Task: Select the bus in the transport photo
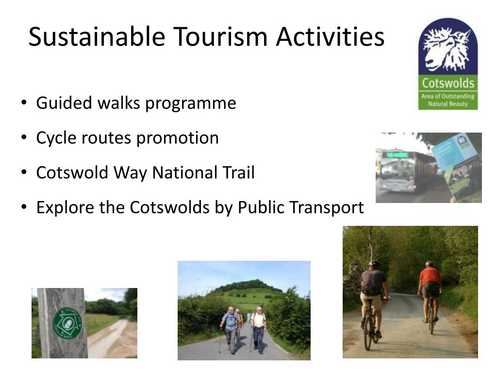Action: pyautogui.click(x=405, y=170)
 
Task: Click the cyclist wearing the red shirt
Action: pyautogui.click(x=430, y=291)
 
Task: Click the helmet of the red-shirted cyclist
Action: pyautogui.click(x=429, y=264)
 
